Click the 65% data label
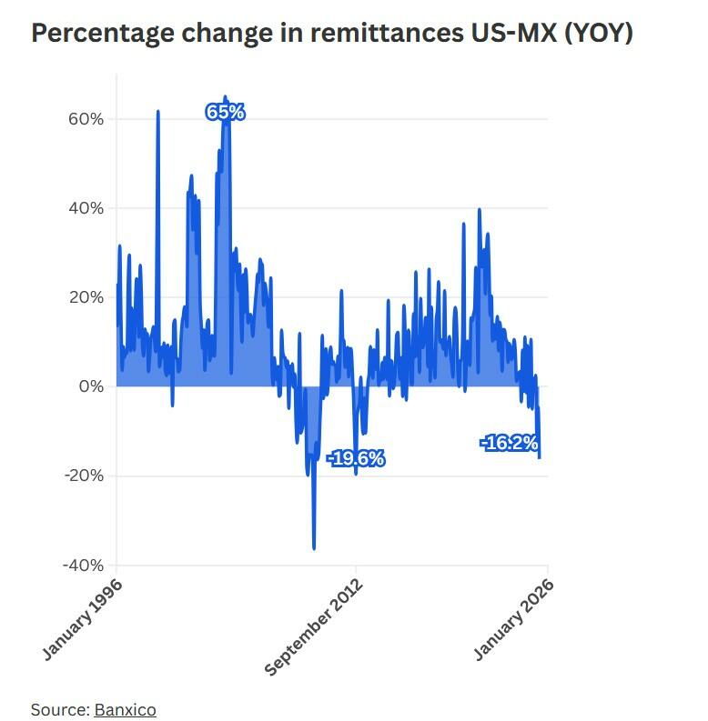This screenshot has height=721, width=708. point(225,113)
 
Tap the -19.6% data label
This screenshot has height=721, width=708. point(355,458)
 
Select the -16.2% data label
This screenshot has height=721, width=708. point(510,443)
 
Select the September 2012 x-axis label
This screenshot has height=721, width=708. point(314,627)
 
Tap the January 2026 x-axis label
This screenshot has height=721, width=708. point(514,619)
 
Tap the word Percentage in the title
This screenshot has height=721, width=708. point(101,34)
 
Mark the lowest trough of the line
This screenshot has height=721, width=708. point(314,548)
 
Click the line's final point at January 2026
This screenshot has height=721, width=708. point(541,457)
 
